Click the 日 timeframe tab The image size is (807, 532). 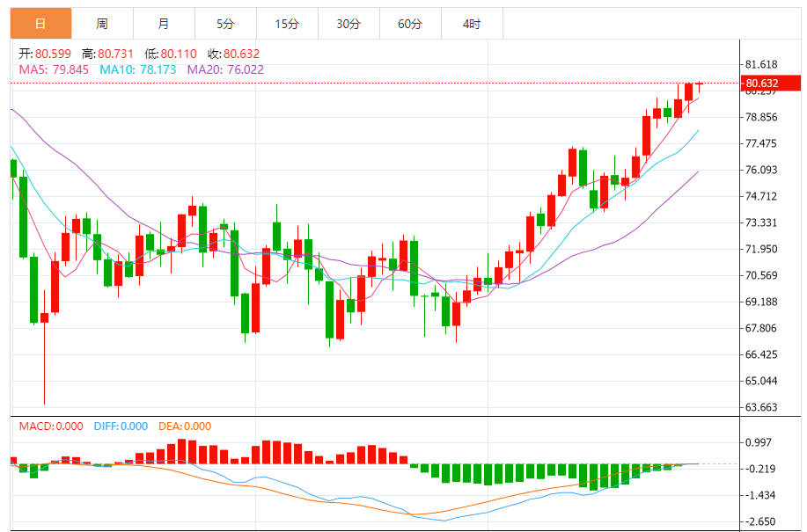click(40, 24)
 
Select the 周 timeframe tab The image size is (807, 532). click(102, 24)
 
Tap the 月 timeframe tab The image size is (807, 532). click(165, 24)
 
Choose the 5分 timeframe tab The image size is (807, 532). click(225, 24)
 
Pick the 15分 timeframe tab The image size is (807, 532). click(287, 24)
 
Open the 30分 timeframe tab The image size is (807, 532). click(348, 24)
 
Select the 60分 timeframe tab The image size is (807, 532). click(410, 24)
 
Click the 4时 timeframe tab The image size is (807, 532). click(472, 24)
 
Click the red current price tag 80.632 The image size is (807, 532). click(772, 84)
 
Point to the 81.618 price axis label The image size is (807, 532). click(761, 65)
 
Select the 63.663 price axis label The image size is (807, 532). click(761, 407)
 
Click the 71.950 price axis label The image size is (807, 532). click(761, 249)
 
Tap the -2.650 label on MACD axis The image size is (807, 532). click(761, 521)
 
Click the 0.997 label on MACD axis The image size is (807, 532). click(759, 442)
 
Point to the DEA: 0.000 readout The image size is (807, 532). click(185, 426)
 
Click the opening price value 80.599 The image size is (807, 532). click(54, 54)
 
